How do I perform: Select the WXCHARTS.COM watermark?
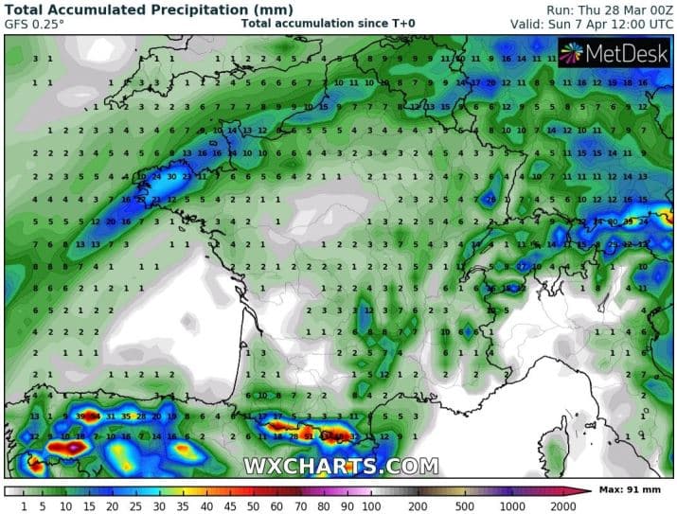tap(341, 466)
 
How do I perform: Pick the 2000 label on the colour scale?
tap(566, 505)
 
